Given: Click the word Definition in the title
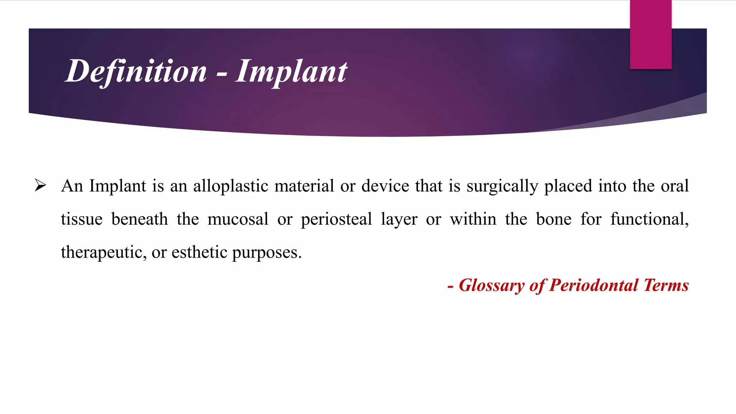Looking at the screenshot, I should (x=137, y=71).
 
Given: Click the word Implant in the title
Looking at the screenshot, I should (x=291, y=71).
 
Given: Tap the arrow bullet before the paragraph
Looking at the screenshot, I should (x=40, y=185).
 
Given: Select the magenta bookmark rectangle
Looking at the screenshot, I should (x=650, y=34).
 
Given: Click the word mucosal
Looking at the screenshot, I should (x=238, y=219).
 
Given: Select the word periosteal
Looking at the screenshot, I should (x=336, y=219).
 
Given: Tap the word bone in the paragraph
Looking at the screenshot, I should (x=553, y=219).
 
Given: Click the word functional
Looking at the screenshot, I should (x=649, y=219).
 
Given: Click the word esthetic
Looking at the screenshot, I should (x=199, y=252).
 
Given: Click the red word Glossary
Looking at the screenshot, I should (x=492, y=285).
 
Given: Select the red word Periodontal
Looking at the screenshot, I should (x=594, y=285).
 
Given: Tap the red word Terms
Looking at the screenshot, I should (x=666, y=285).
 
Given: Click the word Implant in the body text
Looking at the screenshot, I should (x=118, y=186).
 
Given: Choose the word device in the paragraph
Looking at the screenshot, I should (x=385, y=186).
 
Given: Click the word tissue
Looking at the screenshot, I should (x=82, y=219).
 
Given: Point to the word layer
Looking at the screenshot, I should (x=399, y=219).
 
